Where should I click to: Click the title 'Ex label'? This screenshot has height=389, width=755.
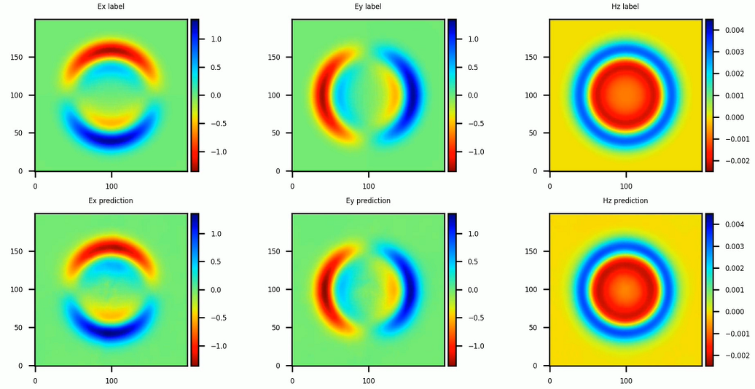[x=112, y=7]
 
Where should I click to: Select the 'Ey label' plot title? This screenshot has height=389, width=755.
[x=368, y=7]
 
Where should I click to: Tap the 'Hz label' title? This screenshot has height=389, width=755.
[x=625, y=7]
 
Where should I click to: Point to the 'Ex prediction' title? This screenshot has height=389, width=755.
[x=112, y=200]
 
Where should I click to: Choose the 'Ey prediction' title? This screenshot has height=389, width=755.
[x=368, y=200]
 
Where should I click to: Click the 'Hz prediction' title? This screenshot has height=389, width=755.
[x=625, y=200]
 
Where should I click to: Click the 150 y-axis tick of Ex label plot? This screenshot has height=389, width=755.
[x=23, y=58]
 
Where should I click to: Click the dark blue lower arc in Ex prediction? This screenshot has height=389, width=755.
[x=112, y=333]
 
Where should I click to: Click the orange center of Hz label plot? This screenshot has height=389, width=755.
[x=625, y=95]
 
